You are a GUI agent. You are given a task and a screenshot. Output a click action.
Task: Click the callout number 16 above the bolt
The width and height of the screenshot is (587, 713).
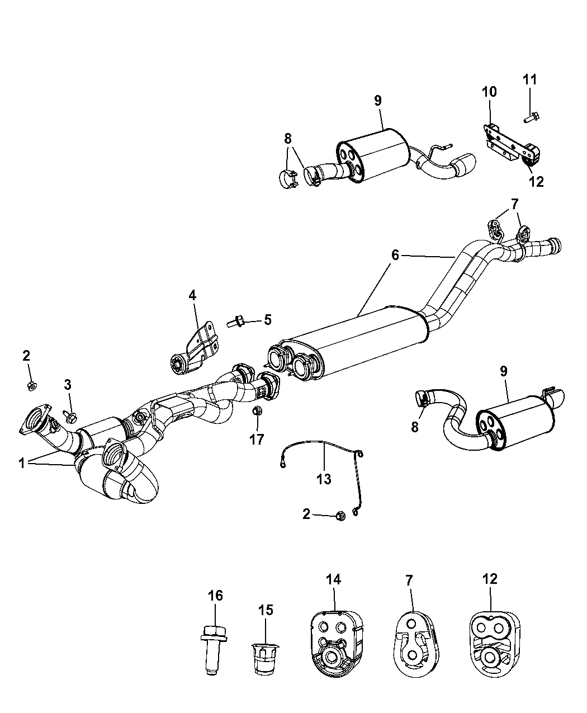coord(215,596)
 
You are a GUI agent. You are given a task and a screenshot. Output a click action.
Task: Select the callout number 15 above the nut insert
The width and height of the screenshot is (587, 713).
coord(266,610)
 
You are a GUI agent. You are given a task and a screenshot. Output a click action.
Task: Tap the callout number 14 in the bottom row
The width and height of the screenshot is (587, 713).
coord(334,579)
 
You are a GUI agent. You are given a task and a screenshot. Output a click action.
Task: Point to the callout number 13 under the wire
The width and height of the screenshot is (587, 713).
coord(324,479)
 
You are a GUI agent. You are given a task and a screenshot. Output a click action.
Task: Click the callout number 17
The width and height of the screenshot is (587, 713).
coord(257,440)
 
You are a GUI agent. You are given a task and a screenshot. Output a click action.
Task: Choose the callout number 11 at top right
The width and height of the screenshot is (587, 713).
coord(530,80)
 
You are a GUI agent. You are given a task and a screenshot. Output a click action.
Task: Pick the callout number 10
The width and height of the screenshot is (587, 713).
coord(489,92)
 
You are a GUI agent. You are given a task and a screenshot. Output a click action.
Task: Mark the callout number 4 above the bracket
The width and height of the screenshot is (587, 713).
coord(193,296)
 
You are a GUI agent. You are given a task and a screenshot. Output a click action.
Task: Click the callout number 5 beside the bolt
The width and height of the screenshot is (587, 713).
coord(268,320)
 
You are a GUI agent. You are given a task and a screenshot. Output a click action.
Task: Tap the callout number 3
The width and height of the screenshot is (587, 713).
coord(68,385)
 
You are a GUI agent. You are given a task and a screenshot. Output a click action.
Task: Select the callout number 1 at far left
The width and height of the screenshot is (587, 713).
coord(22,464)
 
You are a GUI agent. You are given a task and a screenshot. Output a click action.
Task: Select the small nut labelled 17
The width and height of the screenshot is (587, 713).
coord(257,411)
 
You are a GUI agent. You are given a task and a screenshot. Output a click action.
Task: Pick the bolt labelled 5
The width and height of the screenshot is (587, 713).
coord(235,322)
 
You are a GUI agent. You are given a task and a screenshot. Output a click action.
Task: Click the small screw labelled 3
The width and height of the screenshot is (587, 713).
coord(70,416)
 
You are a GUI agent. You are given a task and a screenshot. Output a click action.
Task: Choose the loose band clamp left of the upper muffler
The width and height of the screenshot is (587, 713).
coord(288,180)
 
